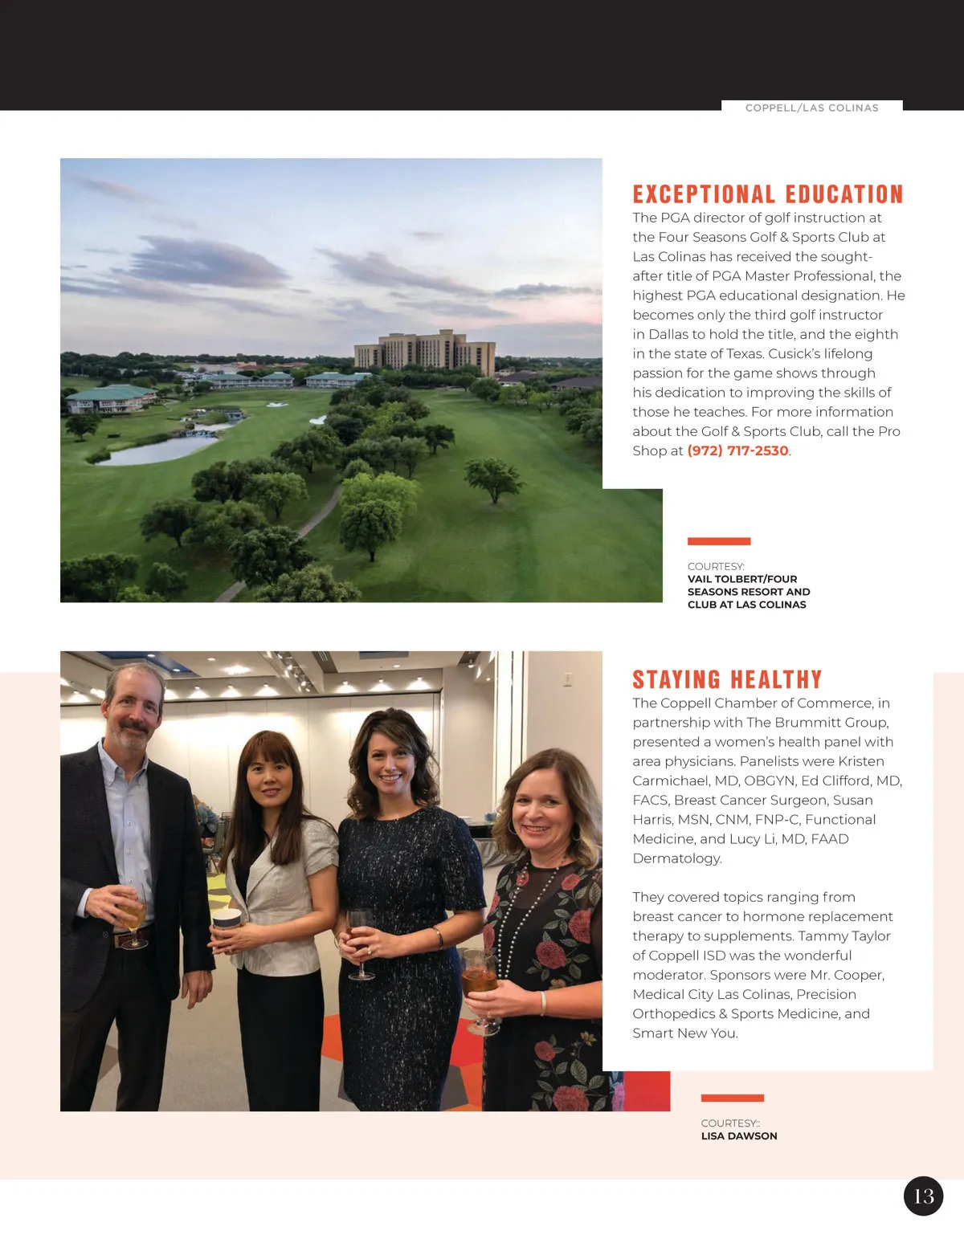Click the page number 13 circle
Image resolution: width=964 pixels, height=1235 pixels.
[x=923, y=1196]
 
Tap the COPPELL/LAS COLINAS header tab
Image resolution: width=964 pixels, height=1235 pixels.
[x=811, y=108]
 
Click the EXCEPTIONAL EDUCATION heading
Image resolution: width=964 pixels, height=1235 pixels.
[x=767, y=194]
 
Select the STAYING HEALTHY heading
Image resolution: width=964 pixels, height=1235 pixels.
[x=727, y=680]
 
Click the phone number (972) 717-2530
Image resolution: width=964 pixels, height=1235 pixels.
[x=737, y=451]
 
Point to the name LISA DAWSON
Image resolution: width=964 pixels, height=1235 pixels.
[x=739, y=1136]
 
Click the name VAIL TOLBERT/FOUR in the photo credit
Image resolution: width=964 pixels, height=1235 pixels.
[x=742, y=579]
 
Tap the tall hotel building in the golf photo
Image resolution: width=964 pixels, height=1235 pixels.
[x=426, y=351]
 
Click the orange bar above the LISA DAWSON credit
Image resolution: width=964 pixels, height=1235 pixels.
[x=732, y=1098]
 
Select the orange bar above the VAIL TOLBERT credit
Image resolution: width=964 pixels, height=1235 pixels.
[x=719, y=541]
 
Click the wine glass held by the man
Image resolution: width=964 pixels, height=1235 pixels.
[x=132, y=915]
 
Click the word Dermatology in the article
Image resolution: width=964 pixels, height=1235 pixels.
[x=676, y=858]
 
